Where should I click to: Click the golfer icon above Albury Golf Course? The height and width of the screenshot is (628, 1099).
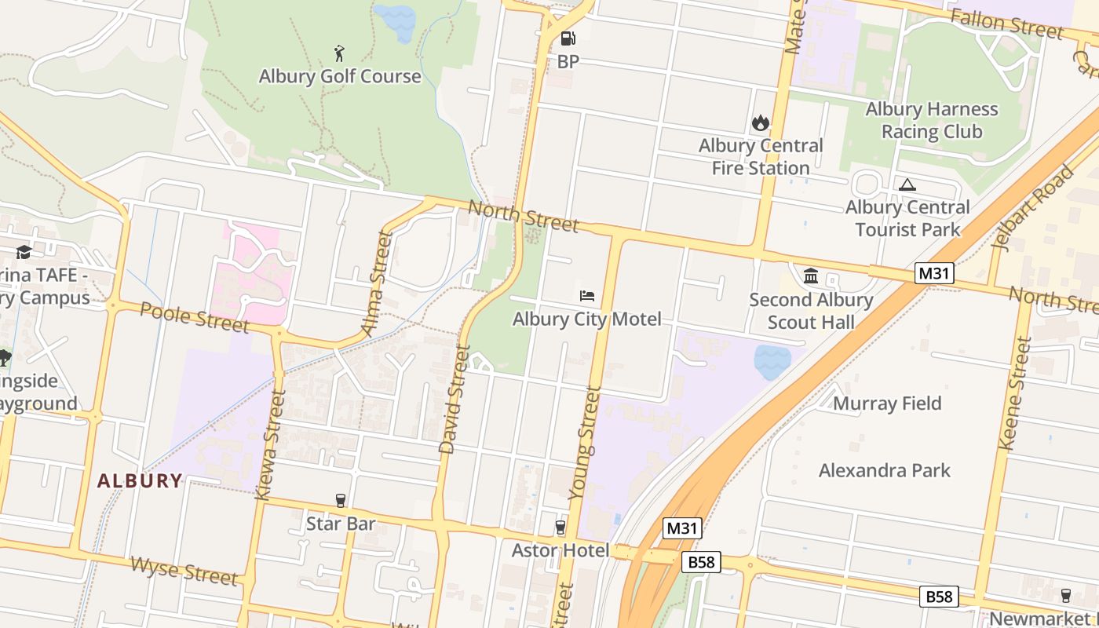(339, 53)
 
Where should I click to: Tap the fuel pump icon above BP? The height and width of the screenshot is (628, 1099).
(568, 38)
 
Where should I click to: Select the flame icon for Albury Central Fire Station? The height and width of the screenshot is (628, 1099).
(760, 122)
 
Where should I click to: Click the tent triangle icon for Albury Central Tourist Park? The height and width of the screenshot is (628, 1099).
(907, 185)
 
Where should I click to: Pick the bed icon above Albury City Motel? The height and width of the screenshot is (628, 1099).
(586, 296)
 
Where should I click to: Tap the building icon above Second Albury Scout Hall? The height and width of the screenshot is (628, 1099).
(811, 276)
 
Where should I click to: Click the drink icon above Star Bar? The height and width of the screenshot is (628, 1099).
(341, 500)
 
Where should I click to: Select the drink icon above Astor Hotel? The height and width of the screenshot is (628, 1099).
(560, 528)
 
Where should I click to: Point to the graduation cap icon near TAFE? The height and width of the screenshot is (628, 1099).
(24, 252)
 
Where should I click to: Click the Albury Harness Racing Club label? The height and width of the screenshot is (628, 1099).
(932, 120)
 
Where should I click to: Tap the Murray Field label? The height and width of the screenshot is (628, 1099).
(887, 403)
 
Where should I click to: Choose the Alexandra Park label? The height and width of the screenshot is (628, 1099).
(885, 470)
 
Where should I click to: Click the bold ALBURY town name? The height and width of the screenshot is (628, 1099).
(140, 481)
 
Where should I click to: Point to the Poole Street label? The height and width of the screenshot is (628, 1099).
(195, 316)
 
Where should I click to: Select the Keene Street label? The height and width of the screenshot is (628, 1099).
(1013, 393)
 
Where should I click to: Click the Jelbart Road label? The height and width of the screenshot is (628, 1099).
(1033, 208)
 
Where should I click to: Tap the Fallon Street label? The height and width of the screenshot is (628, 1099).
(1006, 24)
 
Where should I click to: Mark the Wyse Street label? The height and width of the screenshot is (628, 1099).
(184, 571)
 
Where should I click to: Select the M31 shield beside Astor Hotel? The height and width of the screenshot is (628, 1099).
(681, 528)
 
